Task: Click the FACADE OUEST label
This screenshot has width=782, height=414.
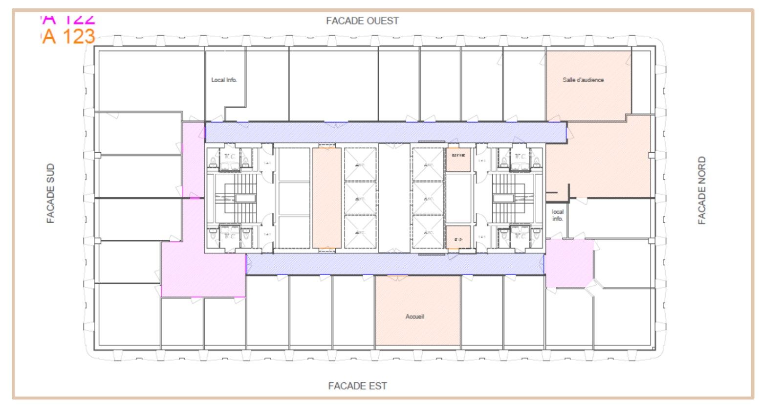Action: (x=362, y=21)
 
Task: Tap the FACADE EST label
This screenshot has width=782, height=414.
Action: (x=357, y=386)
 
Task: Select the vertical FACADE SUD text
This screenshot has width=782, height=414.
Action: (x=50, y=193)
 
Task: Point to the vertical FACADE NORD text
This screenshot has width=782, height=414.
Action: (x=702, y=190)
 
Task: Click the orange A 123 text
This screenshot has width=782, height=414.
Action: (x=68, y=37)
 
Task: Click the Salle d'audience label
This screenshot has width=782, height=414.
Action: (x=583, y=80)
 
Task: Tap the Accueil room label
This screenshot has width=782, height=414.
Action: (x=414, y=317)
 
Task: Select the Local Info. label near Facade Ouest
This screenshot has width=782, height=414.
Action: (x=224, y=80)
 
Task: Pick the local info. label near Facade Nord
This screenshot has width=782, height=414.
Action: (x=558, y=215)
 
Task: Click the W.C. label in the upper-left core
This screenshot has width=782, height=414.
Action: (x=229, y=157)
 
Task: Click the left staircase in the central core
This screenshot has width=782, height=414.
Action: (x=240, y=198)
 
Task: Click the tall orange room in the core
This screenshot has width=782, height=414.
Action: (x=326, y=198)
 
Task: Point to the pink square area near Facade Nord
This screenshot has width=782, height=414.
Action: (x=568, y=263)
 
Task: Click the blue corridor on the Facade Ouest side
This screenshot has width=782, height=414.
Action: (x=386, y=132)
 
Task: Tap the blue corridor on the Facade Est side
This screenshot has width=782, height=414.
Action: (x=395, y=264)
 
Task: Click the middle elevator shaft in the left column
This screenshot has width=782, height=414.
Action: (x=360, y=198)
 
